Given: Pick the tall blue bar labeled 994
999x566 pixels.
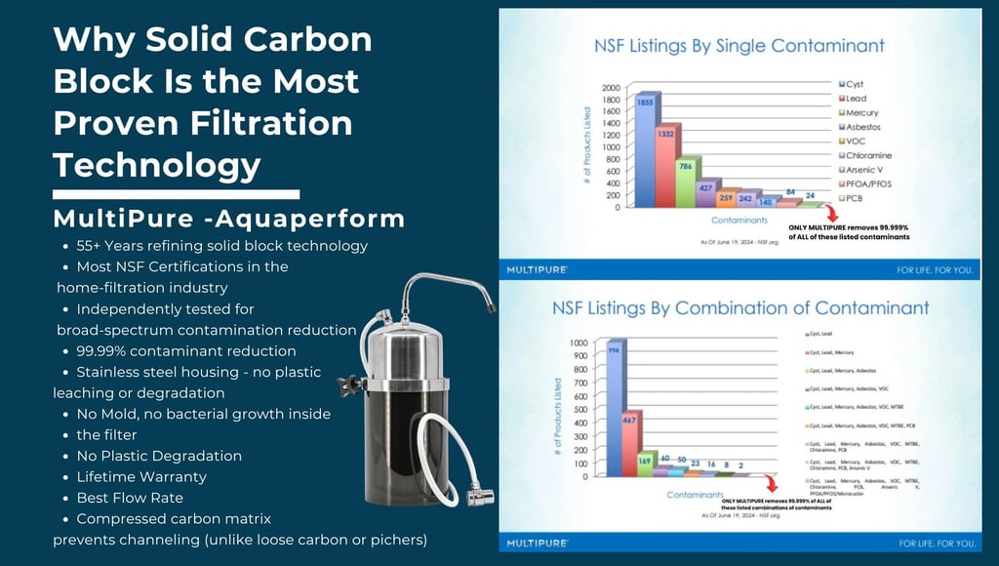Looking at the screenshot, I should coord(615,410).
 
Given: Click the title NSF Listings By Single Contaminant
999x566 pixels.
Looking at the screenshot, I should coord(739,46).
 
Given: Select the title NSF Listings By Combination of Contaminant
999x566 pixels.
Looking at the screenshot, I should coord(740,308).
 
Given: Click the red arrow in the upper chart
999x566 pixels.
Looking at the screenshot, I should coord(831,212).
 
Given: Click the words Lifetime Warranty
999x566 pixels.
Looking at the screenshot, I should coord(141,477).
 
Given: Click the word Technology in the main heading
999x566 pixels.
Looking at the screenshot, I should coord(157,166).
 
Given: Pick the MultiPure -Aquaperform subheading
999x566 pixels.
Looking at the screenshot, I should coord(229,218).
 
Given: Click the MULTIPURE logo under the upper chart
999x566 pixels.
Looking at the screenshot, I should coord(539,268).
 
